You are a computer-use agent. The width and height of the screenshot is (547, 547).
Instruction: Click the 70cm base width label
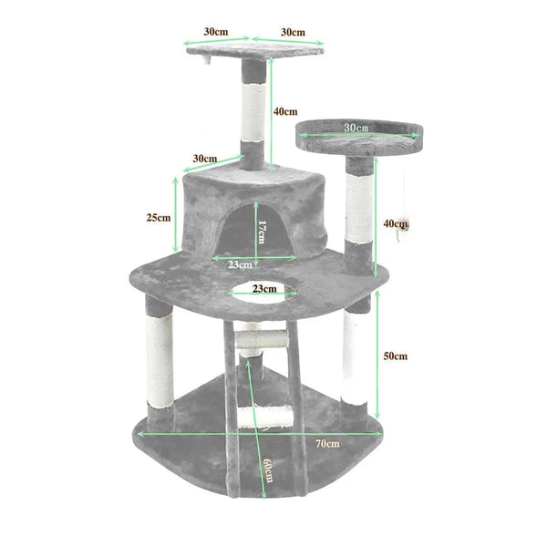click(328, 444)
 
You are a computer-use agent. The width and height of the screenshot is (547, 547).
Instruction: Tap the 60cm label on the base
click(266, 471)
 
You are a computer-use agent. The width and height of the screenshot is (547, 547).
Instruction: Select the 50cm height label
click(395, 356)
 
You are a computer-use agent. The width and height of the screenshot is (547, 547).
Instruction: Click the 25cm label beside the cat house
click(158, 218)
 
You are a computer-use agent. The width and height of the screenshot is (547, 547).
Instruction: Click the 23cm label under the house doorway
click(239, 264)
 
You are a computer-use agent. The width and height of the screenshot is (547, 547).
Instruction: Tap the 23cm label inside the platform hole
click(263, 288)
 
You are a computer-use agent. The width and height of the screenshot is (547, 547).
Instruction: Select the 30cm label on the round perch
click(356, 128)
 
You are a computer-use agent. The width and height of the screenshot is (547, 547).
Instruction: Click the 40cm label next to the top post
click(285, 111)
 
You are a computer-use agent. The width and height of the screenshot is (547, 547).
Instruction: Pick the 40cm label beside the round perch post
click(395, 223)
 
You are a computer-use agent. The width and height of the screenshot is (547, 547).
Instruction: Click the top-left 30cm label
click(215, 32)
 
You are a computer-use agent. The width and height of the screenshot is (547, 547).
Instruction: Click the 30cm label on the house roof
click(205, 159)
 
